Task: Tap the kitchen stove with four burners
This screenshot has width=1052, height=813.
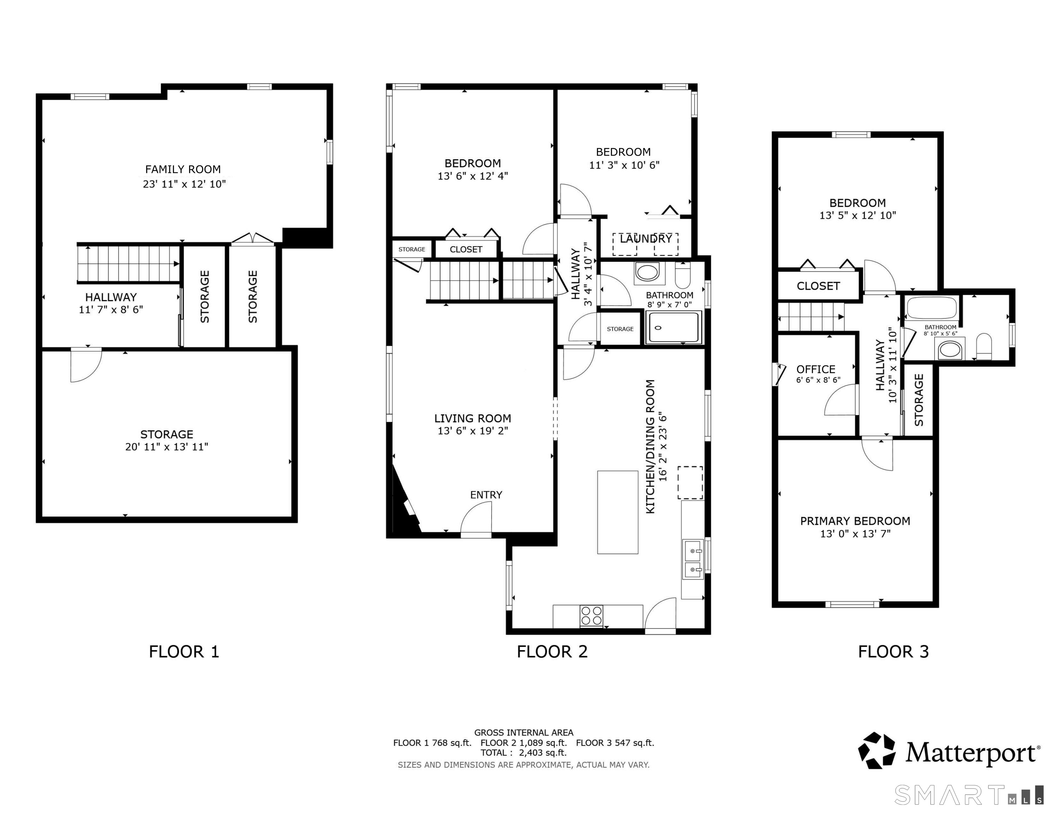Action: point(591,616)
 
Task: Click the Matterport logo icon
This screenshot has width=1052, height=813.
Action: point(877,750)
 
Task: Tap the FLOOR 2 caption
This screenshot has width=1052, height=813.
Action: point(552,651)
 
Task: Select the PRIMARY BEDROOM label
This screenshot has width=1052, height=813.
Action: point(855,521)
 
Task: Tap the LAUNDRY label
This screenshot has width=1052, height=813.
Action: point(646,239)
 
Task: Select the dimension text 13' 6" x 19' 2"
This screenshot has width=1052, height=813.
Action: point(472,431)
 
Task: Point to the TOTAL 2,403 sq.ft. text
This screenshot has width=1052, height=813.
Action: point(524,753)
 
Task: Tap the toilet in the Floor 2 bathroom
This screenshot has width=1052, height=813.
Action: point(683,275)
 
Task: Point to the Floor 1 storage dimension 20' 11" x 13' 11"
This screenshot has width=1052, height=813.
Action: point(167,447)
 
